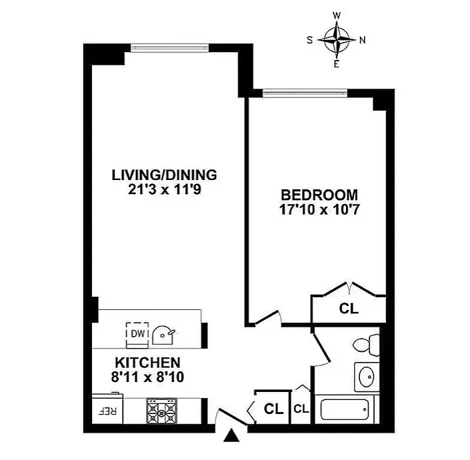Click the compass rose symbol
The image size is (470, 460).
pos(337,39)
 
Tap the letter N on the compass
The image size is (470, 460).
pos(363,40)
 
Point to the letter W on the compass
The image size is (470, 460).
pos(337,15)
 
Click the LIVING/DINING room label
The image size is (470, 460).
pos(164,175)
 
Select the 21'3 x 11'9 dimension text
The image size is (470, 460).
pos(164,189)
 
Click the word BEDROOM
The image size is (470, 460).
pos(319,195)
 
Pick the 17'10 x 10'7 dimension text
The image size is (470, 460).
pos(319,209)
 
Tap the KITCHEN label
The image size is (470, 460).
pos(148,363)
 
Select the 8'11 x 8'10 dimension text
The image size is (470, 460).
pos(148,377)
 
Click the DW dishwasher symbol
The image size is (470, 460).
pos(137,334)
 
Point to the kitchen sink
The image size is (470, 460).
pos(163,335)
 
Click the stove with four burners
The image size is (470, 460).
pos(161,411)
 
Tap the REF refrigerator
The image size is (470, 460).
pos(107,409)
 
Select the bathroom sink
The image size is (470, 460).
pos(367,377)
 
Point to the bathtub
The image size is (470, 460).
pos(345,409)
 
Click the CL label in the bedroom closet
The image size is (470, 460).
pos(349,309)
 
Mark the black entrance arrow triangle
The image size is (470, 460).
pos(232,435)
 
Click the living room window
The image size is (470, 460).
pos(169,47)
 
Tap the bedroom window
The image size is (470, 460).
pos(305,93)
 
